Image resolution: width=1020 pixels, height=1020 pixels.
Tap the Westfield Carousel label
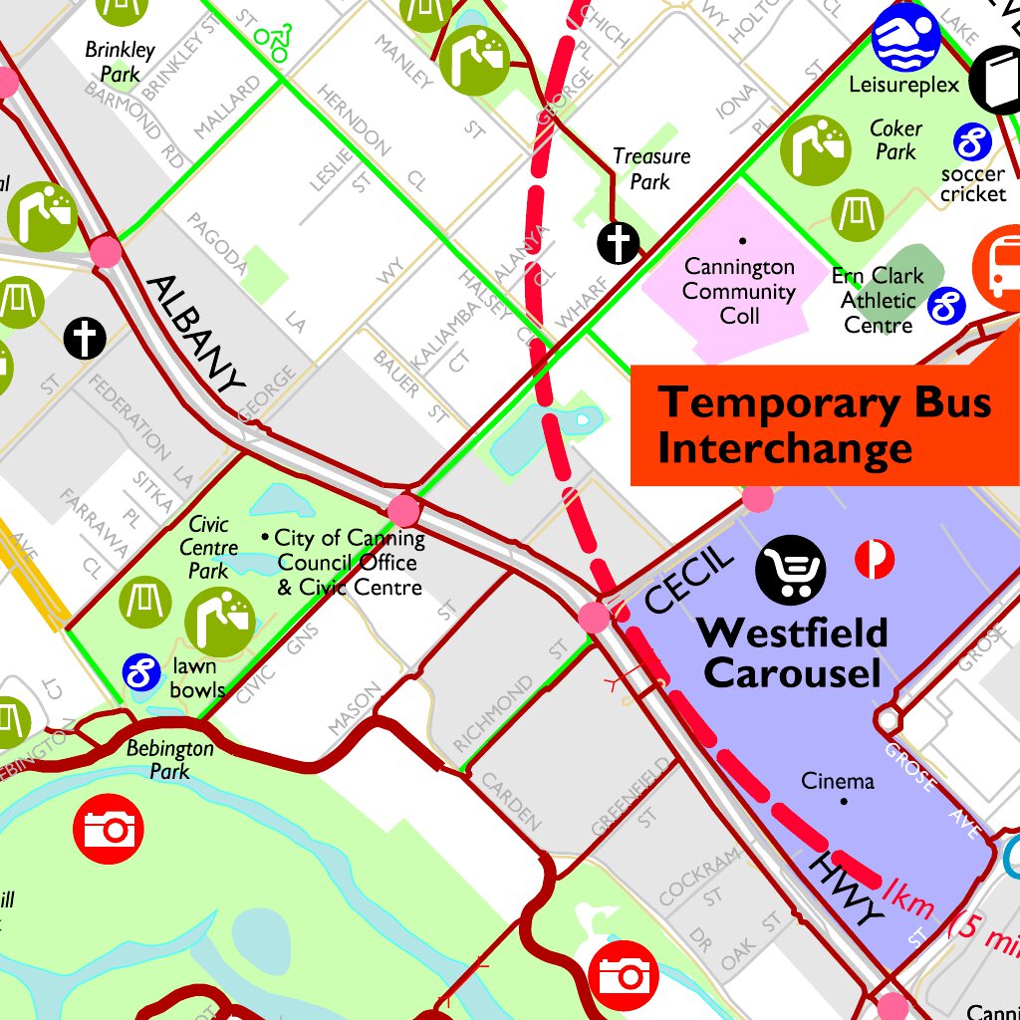793,652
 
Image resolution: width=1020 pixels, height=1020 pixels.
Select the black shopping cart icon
791,570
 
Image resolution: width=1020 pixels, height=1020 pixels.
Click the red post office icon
875,560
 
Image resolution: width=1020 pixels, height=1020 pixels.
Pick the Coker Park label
895,140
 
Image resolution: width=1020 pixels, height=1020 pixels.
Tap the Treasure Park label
651,169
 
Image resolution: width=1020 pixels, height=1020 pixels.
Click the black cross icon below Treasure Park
618,243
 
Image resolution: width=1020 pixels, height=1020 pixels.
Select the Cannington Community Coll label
739,291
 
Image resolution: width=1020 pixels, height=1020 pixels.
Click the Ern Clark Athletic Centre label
878,300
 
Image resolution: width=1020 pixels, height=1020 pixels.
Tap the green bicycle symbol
273,37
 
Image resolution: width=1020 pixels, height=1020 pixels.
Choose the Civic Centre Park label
208,547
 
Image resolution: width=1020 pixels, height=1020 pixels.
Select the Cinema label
838,782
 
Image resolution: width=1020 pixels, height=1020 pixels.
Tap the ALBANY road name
195,333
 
